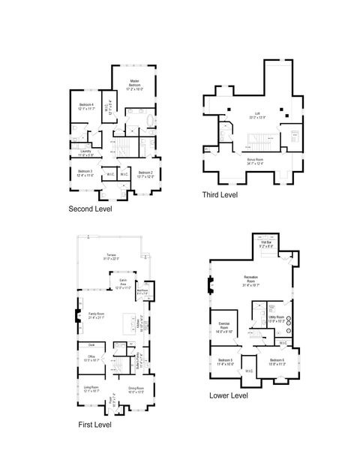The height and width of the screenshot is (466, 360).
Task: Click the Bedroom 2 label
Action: click(146, 175)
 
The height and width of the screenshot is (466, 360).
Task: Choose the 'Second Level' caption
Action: click(90, 209)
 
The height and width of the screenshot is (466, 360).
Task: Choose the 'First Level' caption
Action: click(95, 425)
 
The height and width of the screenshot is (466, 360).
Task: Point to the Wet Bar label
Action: click(266, 243)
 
